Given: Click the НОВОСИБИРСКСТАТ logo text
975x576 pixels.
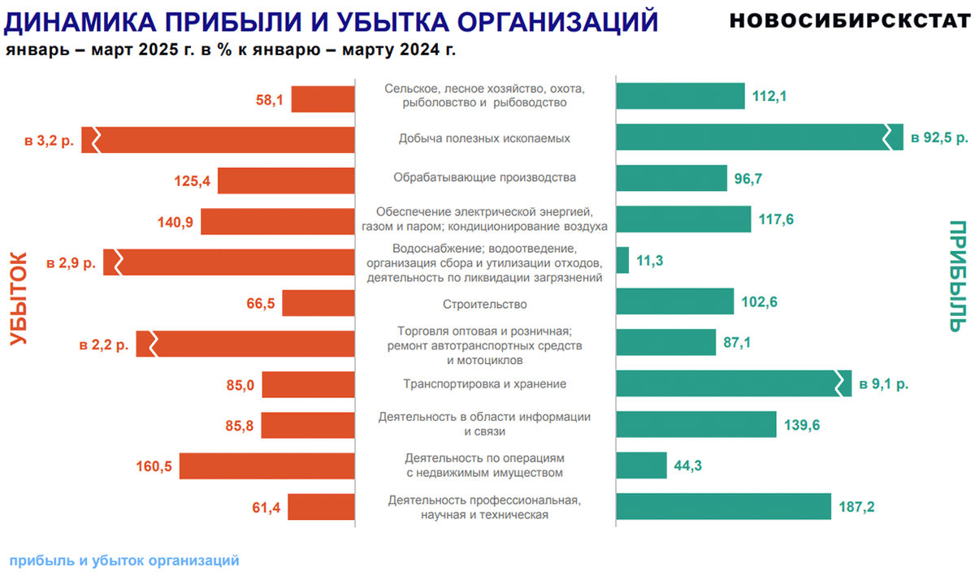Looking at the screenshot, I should pos(844,20).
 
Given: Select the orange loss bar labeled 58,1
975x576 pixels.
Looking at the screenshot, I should pos(323,99).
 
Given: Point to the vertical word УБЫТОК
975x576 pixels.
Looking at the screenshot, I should pos(19,299).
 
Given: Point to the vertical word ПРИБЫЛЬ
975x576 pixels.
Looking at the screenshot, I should pos(958,276).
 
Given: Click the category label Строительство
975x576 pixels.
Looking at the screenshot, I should pos(485,304).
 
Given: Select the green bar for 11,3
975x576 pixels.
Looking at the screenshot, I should pos(622,260).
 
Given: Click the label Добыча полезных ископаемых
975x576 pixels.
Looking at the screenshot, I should pos(484,138).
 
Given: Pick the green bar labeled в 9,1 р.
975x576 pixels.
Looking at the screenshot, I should pos(731,383).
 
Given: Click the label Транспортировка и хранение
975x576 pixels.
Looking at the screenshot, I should pos(484,383).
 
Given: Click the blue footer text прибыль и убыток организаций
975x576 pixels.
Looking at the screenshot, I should pos(124,560).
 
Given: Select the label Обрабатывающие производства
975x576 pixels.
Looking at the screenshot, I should pos(484,177).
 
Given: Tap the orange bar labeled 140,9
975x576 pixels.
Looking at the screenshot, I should pos(277,222).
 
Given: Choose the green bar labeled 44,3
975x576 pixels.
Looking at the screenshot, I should pos(641,466).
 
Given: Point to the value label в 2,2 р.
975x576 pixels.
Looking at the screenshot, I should pos(103,344).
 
